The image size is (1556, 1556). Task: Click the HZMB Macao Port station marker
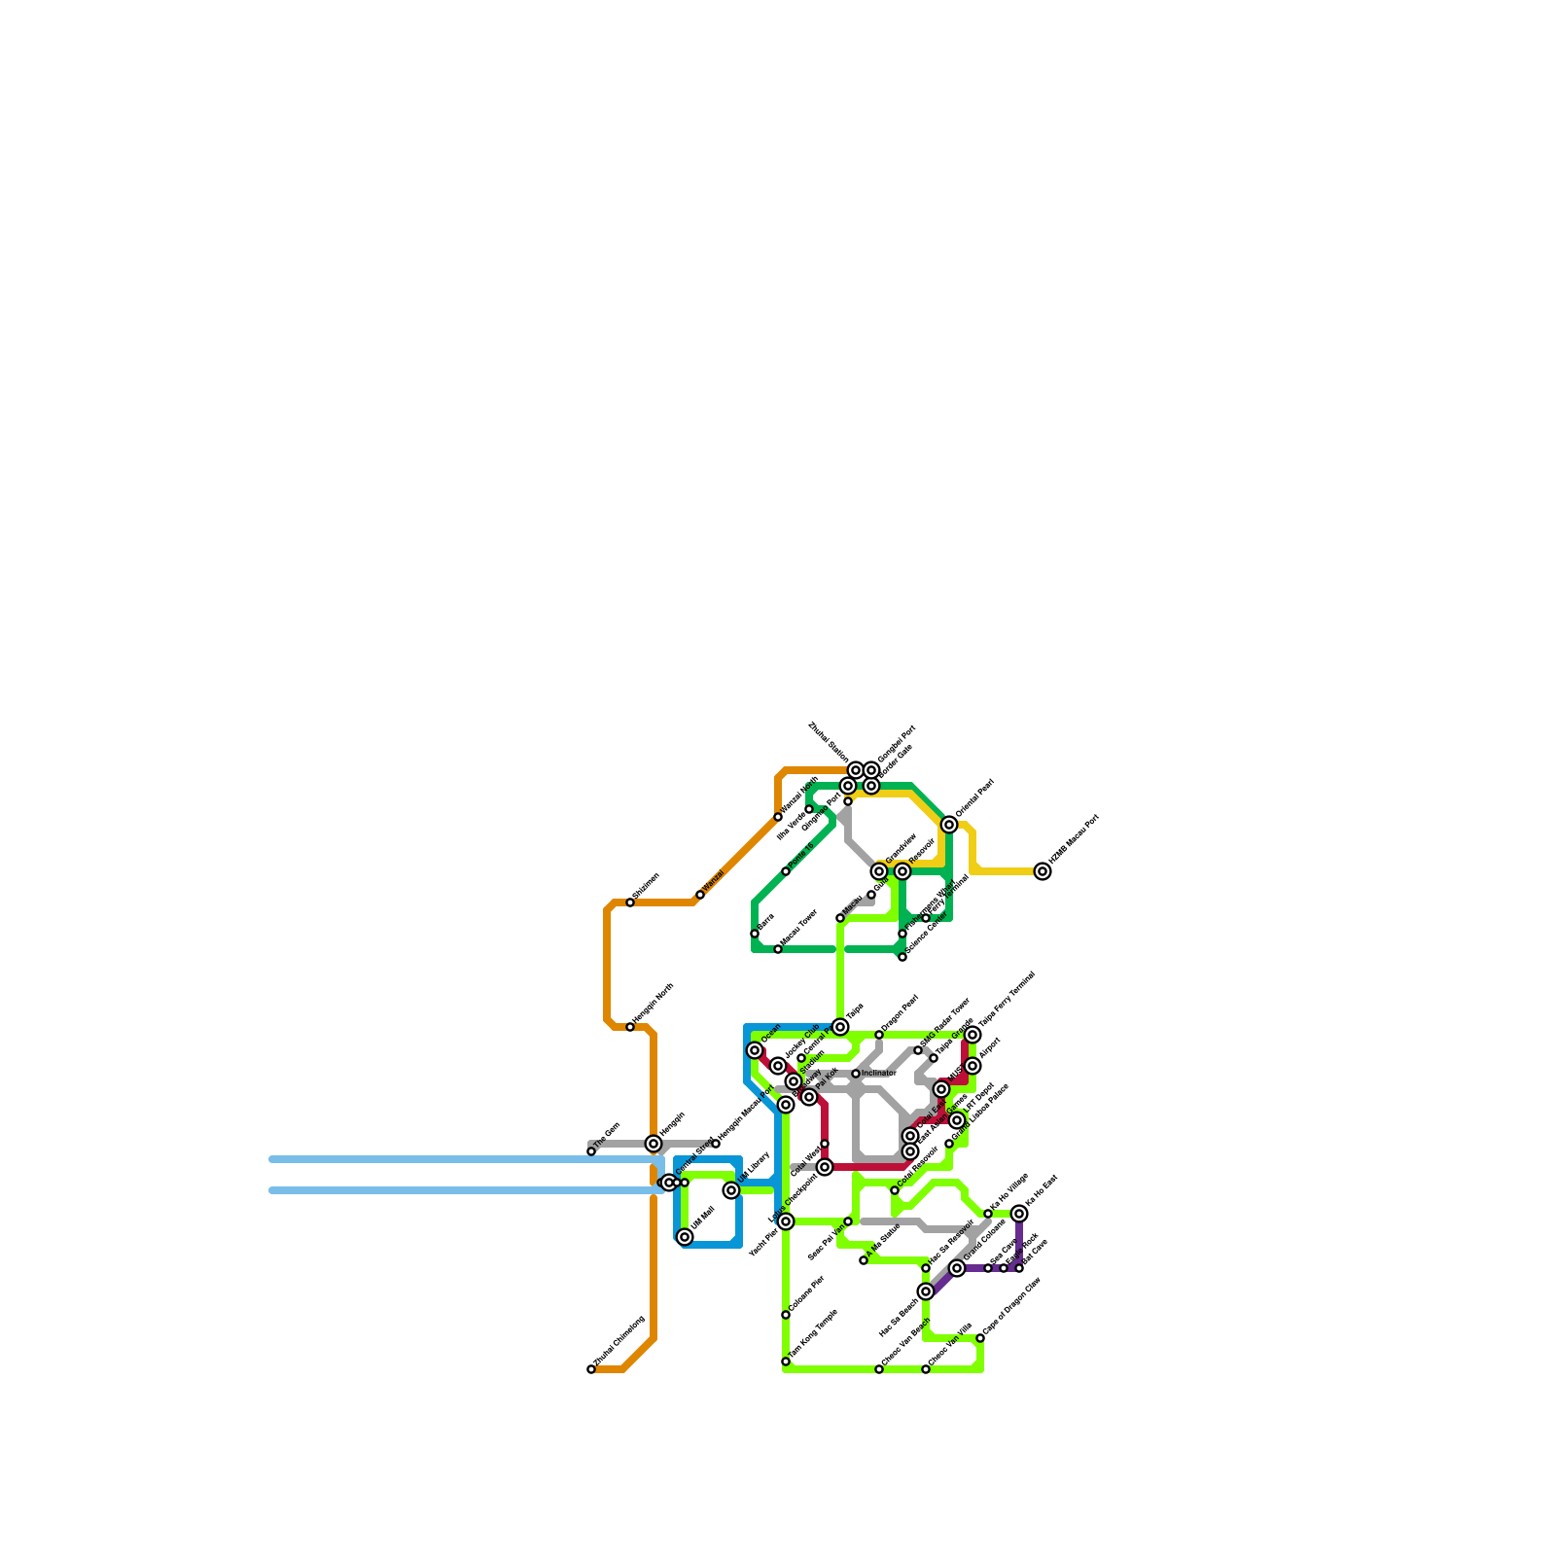point(1043,871)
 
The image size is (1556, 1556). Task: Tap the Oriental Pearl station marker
point(949,825)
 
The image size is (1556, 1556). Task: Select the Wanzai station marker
point(700,895)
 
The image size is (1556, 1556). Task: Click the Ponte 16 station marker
point(786,871)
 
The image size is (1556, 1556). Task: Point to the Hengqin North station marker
point(630,1027)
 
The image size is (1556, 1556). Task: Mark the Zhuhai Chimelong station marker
point(591,1369)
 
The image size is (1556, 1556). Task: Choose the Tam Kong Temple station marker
point(786,1361)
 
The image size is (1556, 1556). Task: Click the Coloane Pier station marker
point(786,1315)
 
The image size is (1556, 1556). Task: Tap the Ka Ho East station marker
point(1019,1214)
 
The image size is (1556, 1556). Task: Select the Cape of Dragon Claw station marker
point(980,1338)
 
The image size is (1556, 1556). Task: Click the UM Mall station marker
point(685,1237)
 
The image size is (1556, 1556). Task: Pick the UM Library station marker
point(731,1190)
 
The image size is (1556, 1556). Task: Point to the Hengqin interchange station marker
point(654,1144)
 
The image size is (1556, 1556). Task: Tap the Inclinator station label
point(878,1074)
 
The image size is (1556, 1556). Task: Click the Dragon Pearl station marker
point(879,1035)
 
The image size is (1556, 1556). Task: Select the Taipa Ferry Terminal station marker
point(972,1035)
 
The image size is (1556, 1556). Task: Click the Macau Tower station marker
point(778,949)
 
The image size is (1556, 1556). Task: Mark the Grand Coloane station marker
point(957,1268)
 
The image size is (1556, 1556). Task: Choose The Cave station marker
point(591,1151)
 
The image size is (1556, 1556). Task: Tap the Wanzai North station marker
point(778,817)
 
